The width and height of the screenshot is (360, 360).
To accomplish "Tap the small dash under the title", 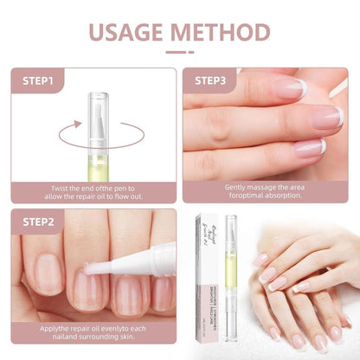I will [179, 52].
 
